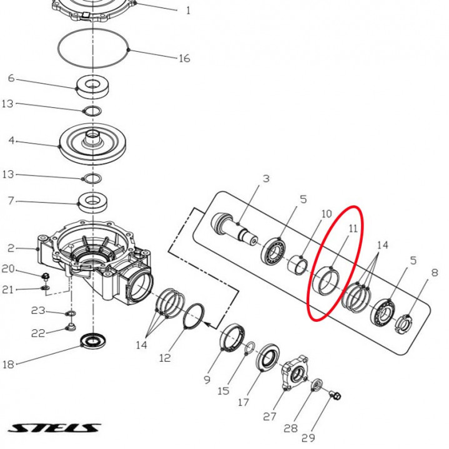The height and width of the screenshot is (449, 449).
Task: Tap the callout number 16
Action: [x=184, y=59]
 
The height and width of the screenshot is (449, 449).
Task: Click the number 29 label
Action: [x=308, y=438]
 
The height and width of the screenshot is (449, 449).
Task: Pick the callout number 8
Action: [x=434, y=273]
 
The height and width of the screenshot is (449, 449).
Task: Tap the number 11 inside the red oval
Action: [x=353, y=229]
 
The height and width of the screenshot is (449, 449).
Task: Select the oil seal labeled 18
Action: [x=95, y=341]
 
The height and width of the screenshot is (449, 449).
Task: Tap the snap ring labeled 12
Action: [x=195, y=317]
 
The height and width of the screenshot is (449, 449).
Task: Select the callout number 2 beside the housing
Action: [x=11, y=249]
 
